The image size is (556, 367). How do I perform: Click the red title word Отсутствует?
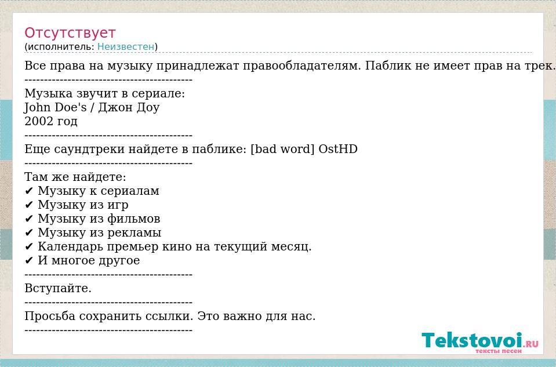tap(70, 33)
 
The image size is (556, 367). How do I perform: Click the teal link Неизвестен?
tap(126, 46)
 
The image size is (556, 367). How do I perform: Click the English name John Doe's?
tap(55, 107)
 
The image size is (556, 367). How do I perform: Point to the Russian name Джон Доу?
tap(129, 107)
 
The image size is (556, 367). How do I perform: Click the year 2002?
tap(38, 121)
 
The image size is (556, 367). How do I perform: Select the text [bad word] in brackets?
tap(282, 149)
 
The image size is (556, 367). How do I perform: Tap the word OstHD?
tap(338, 149)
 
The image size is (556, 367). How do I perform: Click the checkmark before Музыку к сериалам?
tap(29, 191)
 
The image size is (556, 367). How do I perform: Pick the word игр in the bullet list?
tap(118, 205)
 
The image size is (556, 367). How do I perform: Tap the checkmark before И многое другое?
tap(29, 261)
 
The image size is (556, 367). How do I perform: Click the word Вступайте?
tap(58, 288)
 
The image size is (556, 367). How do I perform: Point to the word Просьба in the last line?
tap(50, 316)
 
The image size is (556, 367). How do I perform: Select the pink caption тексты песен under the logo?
tap(498, 351)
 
